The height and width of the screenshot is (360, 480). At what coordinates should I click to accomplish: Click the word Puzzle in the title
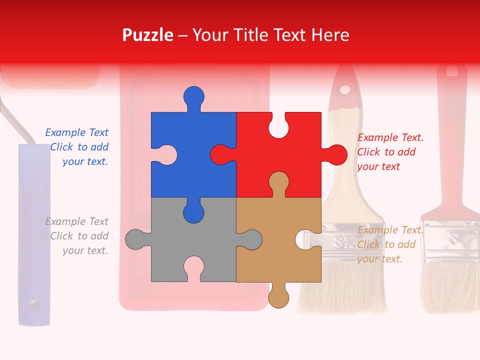[147, 35]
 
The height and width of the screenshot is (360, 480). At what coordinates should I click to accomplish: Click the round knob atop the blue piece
[193, 96]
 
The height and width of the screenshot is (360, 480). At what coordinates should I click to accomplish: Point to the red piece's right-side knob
[336, 155]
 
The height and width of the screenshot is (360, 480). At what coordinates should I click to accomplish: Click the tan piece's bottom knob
[278, 297]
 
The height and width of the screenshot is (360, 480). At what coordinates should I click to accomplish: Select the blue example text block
[77, 147]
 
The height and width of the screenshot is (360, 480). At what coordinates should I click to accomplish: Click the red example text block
[389, 152]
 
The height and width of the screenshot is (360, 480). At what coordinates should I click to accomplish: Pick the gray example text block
[77, 236]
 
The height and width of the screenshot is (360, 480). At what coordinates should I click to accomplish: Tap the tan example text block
[389, 244]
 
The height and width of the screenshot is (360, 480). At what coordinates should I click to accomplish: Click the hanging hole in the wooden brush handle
[344, 90]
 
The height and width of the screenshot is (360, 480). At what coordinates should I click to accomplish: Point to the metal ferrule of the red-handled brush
[450, 240]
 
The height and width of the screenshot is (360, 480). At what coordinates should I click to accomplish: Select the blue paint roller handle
[34, 235]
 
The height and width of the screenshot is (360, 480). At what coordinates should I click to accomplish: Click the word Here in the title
[330, 35]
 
